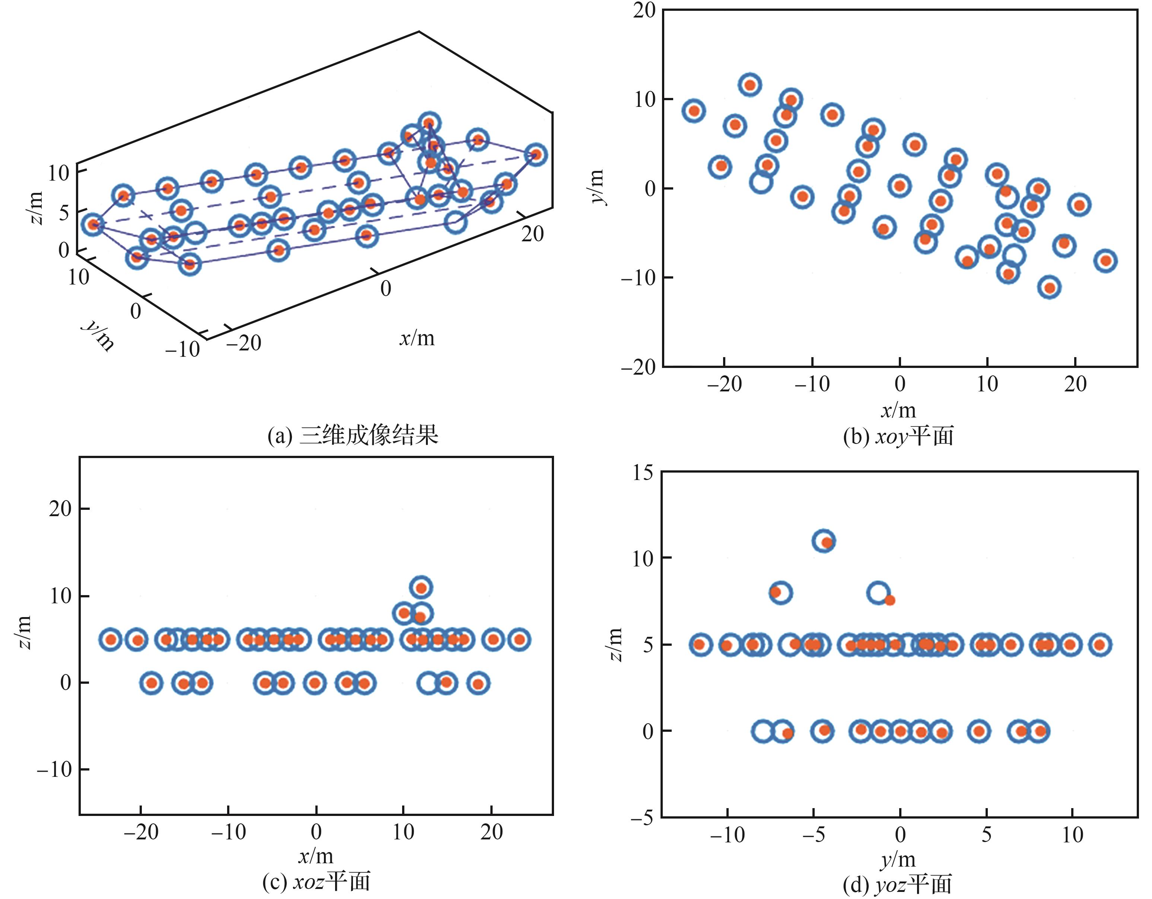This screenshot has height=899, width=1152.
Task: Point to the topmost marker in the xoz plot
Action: tap(421, 587)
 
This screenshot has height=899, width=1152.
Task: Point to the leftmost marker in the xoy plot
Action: tap(694, 111)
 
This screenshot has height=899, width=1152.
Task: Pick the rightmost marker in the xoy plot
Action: tap(1105, 261)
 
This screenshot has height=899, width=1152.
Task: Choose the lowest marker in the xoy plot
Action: tap(1050, 288)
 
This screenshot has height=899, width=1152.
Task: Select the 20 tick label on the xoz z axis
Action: tap(60, 509)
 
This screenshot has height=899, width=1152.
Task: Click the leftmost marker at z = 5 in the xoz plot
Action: tap(111, 639)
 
